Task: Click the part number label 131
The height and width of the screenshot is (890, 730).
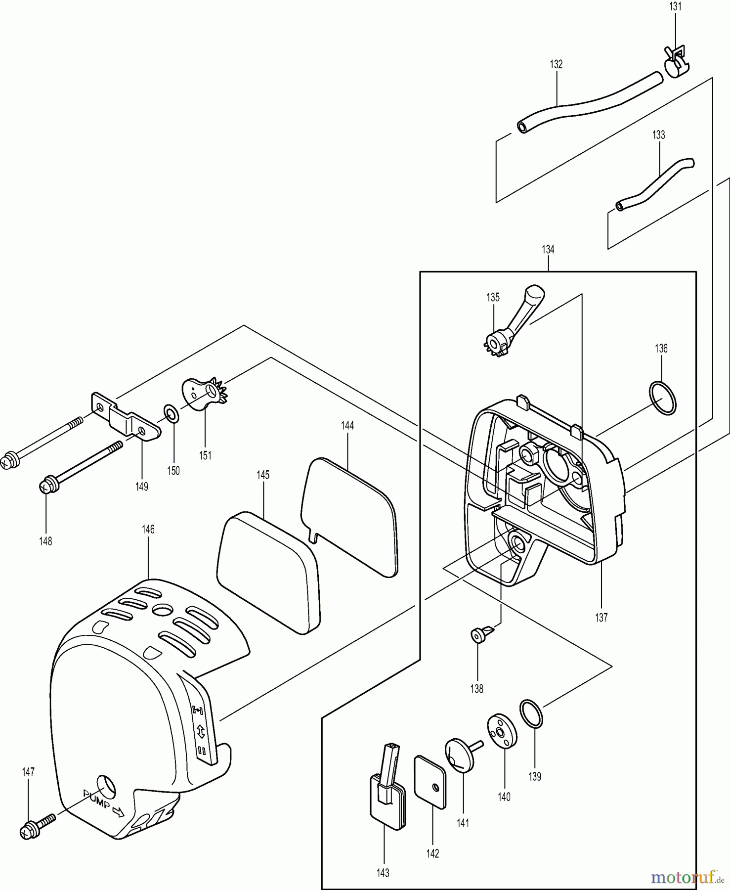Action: tap(675, 6)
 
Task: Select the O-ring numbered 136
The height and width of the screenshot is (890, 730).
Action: tap(662, 398)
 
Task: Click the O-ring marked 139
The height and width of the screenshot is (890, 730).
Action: tap(531, 713)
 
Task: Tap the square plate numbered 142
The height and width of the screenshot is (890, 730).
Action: tap(429, 781)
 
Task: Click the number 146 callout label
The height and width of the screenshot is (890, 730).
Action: tap(148, 530)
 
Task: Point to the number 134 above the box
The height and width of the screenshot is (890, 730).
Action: tap(548, 250)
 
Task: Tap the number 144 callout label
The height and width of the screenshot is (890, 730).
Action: tap(347, 425)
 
